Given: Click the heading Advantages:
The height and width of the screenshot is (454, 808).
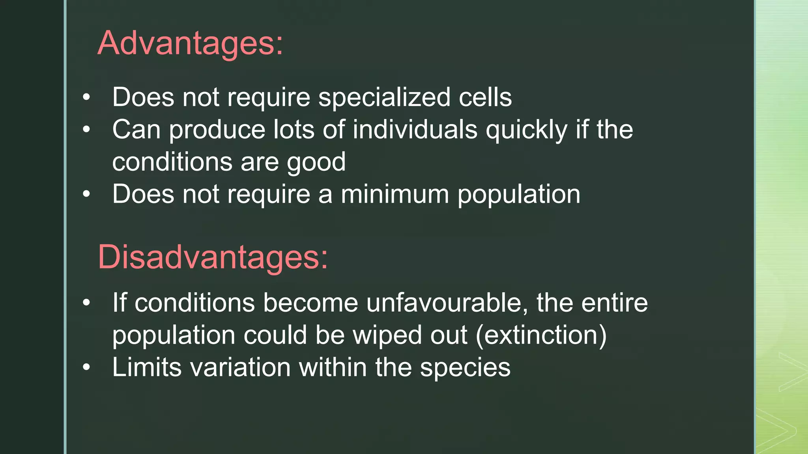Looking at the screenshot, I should pos(190,43).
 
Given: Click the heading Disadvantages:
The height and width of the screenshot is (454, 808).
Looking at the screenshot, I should pos(213,257).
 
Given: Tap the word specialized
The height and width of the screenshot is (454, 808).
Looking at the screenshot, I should pos(384,97).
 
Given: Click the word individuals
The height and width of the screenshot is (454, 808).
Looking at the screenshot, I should pos(415,130).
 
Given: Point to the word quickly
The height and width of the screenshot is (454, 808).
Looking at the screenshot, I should pos(526,130).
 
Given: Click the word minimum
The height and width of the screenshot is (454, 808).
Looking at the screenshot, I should pos(395,194).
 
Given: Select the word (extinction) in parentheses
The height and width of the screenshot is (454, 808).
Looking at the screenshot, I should pos(541,335).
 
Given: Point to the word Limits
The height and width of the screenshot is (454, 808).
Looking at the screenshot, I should pos(147,368).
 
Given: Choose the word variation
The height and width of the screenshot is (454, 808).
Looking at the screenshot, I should pos(241,368).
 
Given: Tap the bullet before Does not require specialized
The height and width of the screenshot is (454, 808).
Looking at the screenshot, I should pos(86,97).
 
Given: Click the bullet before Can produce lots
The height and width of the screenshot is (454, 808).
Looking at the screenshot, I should pos(86,130).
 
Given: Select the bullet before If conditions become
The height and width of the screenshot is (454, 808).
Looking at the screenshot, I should pos(86,303).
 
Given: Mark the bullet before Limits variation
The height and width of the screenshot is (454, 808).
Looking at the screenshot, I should pos(86,368).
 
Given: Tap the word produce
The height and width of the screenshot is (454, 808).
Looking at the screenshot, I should pos(217,130).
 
